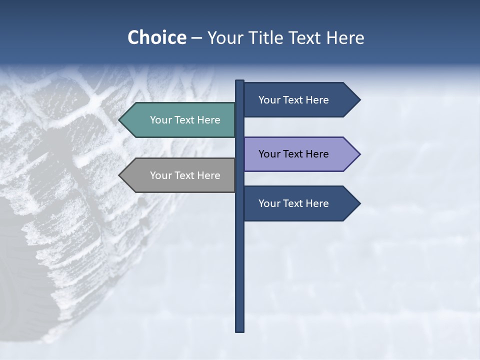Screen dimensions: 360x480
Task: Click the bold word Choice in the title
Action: [x=156, y=37]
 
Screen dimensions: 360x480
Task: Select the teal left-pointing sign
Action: [x=180, y=120]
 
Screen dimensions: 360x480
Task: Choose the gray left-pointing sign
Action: [x=180, y=175]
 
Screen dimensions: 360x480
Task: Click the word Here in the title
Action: [x=345, y=37]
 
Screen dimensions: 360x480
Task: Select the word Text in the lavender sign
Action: [x=294, y=154]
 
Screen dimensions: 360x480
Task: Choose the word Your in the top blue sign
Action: [x=268, y=100]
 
